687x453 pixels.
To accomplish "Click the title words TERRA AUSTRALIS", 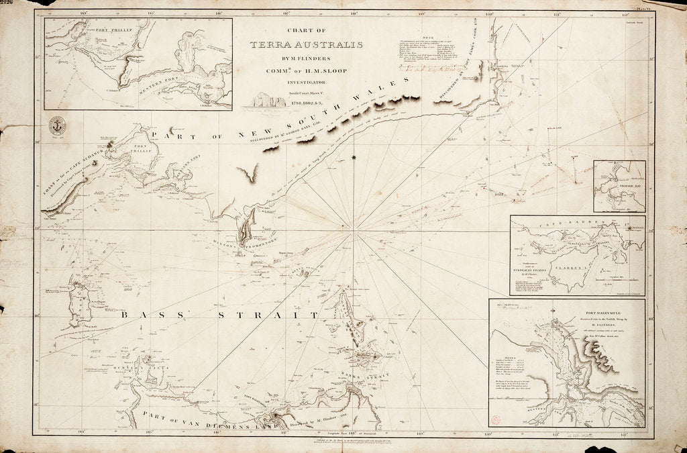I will (x=306, y=46).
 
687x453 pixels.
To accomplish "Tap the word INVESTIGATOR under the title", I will (x=306, y=81).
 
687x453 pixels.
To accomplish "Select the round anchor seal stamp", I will (x=57, y=125).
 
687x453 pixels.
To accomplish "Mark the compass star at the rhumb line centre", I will (x=354, y=158).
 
